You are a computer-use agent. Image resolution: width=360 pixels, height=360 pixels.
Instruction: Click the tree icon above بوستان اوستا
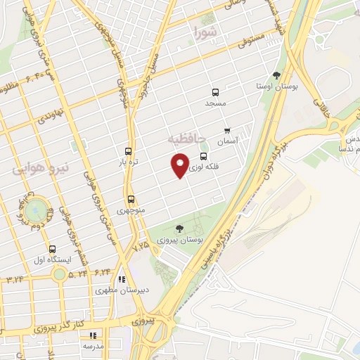click(x=277, y=75)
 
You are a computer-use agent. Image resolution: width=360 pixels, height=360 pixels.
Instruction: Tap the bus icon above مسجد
click(x=215, y=92)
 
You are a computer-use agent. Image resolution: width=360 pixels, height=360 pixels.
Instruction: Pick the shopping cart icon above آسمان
click(x=226, y=130)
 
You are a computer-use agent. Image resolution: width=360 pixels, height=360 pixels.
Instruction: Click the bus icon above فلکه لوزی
click(x=204, y=156)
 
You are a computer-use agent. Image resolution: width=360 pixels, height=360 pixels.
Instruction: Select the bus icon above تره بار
click(x=127, y=150)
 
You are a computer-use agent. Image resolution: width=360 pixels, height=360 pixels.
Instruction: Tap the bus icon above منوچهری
click(x=131, y=199)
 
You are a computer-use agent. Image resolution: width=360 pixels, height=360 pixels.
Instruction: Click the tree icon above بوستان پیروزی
click(x=180, y=229)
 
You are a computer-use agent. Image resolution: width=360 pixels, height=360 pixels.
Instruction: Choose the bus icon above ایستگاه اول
click(x=52, y=249)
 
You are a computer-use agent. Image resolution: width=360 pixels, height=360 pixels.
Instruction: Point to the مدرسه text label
click(x=94, y=346)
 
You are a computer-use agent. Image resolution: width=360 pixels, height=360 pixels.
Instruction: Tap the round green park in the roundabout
click(x=36, y=210)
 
